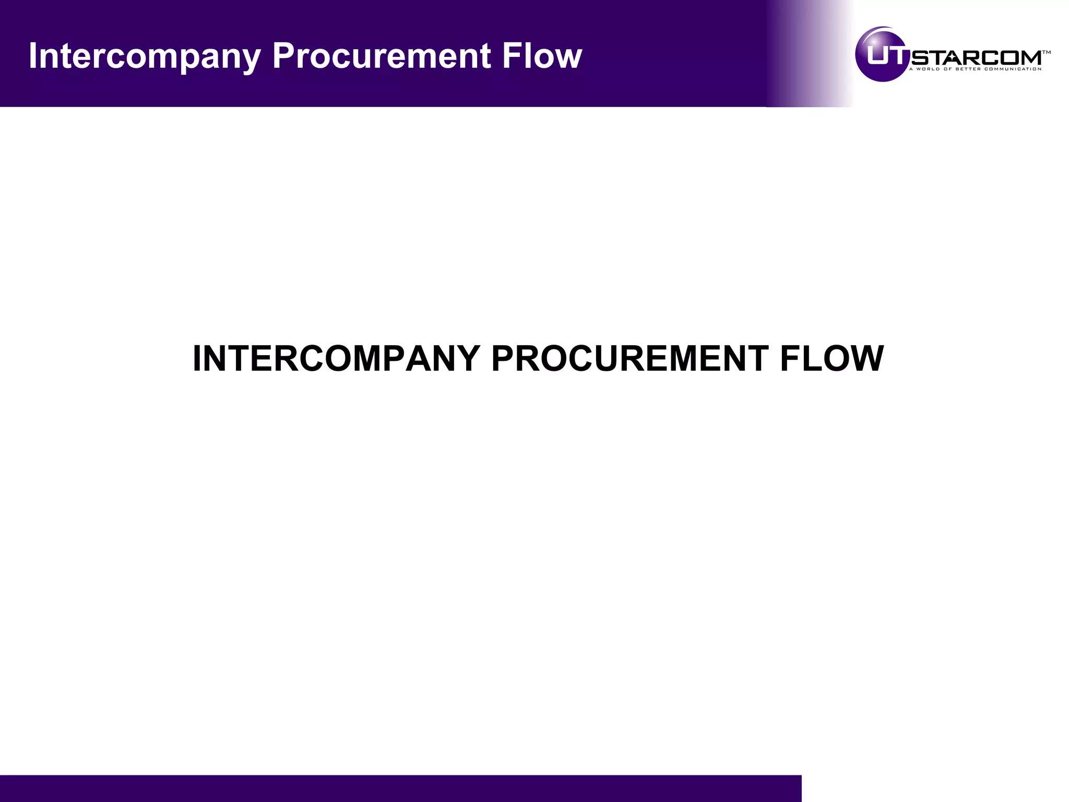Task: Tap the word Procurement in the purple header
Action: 382,55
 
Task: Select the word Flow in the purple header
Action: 542,55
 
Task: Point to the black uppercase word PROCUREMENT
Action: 629,359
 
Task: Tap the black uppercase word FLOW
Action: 832,359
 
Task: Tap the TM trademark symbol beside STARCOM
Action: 1046,52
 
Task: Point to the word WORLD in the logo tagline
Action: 927,69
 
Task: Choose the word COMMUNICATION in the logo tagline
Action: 1013,69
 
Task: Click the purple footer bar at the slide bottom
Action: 400,788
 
